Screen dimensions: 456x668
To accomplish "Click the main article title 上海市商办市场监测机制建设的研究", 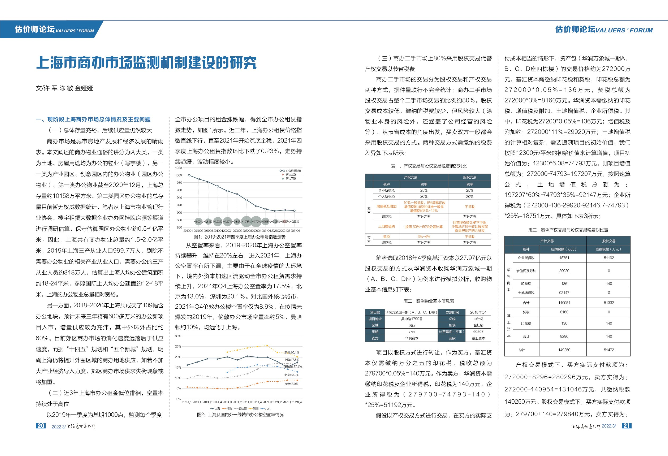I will (x=146, y=63).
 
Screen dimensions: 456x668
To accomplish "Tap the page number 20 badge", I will (x=41, y=425).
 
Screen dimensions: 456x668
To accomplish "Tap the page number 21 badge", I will (x=627, y=425).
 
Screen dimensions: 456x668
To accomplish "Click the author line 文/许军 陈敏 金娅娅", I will (x=64, y=88).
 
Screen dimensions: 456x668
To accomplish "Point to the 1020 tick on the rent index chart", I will (x=178, y=168).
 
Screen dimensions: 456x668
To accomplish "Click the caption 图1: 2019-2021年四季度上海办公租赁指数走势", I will (x=239, y=237).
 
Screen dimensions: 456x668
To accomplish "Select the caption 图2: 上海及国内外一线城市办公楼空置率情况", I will (x=240, y=415).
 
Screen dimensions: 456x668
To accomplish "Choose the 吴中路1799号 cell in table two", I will (x=412, y=319).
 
